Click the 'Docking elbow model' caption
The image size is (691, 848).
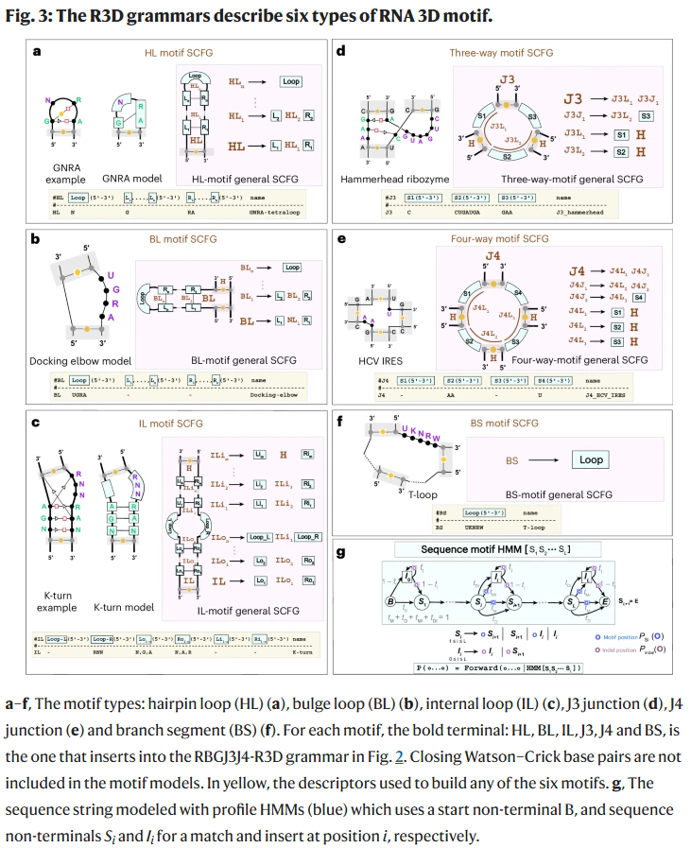(82, 360)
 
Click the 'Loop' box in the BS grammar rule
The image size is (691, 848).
(591, 459)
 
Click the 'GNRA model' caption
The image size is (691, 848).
(130, 178)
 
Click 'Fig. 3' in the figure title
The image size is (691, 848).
(27, 16)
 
